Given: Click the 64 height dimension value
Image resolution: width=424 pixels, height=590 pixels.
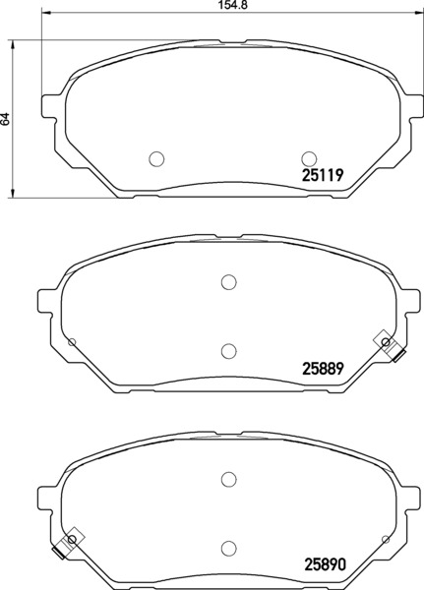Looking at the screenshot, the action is pos(5,119).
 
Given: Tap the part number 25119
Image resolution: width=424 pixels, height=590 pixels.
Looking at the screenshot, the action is pos(323,175).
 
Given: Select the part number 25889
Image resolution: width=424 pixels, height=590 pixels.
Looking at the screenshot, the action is pos(323,369).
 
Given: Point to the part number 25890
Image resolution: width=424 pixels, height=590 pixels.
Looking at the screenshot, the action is pos(324,564).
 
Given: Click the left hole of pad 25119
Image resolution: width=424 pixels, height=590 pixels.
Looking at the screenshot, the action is pos(156,158).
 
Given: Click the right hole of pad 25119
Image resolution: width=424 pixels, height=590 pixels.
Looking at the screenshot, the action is pos(309,158).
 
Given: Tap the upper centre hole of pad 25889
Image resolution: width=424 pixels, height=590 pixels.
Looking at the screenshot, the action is pos(228,282).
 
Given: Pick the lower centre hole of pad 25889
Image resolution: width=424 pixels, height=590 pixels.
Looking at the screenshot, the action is pos(228,351).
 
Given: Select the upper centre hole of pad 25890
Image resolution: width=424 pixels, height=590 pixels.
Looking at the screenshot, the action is pos(228,479).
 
